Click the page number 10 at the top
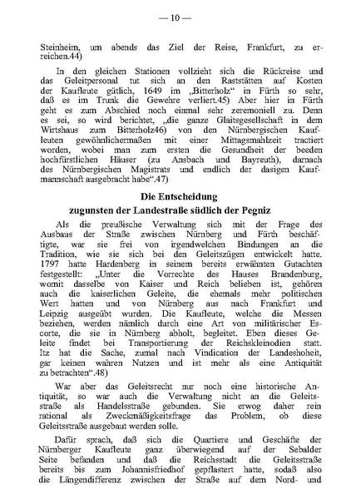point(180,18)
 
